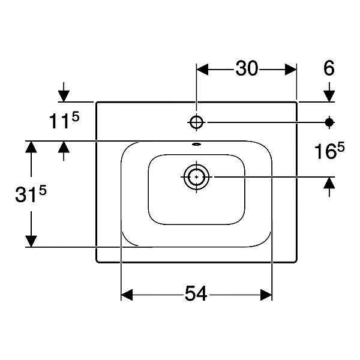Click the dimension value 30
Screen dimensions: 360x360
(247, 68)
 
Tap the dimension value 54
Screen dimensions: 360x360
(196, 293)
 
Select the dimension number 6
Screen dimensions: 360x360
(329, 68)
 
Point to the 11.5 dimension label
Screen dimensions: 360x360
(64, 121)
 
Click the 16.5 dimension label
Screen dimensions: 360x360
(329, 151)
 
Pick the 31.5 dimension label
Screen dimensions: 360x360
(31, 194)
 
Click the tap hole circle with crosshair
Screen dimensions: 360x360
(196, 122)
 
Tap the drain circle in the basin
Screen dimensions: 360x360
(196, 177)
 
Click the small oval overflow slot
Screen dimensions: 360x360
(197, 145)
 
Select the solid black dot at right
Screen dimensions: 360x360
(329, 122)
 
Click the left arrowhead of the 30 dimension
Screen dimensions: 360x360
(203, 69)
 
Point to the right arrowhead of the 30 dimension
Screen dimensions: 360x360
(290, 69)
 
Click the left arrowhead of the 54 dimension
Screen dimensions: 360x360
(127, 295)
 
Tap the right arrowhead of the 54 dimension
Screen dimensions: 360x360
(266, 295)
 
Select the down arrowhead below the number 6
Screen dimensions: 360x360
(329, 96)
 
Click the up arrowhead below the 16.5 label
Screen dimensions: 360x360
(329, 183)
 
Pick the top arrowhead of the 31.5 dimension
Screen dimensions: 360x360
(31, 147)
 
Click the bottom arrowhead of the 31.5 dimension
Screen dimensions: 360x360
(31, 241)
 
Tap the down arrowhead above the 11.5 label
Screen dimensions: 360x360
(64, 96)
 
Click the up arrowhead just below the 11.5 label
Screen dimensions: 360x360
(64, 147)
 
